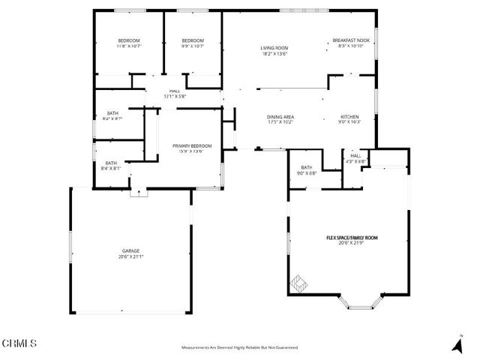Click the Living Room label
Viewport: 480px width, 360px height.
tap(274, 51)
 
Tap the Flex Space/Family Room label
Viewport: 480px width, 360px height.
tap(351, 238)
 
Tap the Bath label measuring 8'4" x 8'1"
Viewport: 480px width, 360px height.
tap(110, 165)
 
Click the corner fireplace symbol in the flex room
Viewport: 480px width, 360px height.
tap(298, 284)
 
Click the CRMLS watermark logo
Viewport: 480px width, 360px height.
tap(19, 344)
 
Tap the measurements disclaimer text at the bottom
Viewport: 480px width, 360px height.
tap(239, 348)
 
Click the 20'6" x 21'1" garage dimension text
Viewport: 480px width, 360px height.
tap(131, 256)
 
